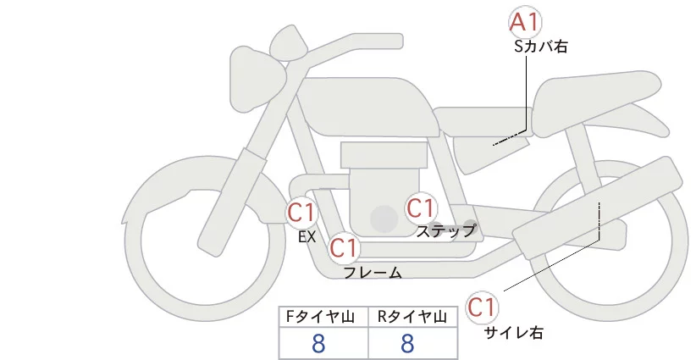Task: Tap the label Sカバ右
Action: [x=540, y=47]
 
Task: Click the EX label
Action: [x=307, y=237]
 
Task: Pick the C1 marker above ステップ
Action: [x=421, y=207]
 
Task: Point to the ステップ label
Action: [x=446, y=230]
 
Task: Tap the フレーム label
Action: [x=373, y=273]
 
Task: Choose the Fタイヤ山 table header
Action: [x=323, y=317]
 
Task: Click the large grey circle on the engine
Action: [x=384, y=219]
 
